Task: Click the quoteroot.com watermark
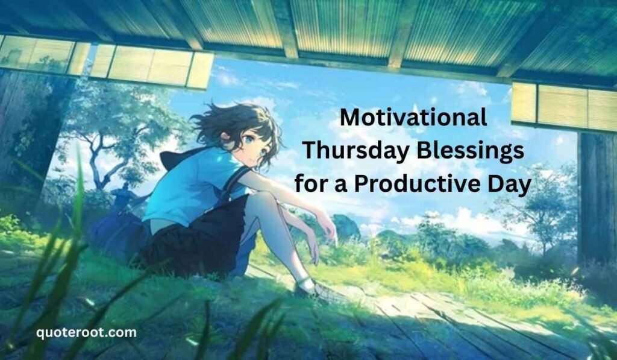[86, 332]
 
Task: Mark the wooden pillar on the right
[597, 199]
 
